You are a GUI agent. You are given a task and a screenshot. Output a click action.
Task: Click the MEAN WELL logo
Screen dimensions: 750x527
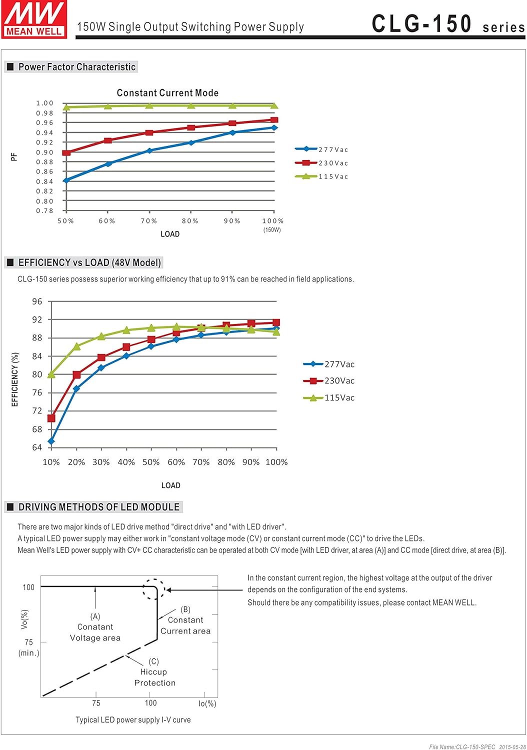(x=34, y=19)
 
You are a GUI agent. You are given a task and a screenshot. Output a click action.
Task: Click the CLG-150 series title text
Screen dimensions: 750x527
(x=447, y=24)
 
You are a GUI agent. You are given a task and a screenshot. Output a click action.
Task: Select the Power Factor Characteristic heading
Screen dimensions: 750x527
(x=76, y=67)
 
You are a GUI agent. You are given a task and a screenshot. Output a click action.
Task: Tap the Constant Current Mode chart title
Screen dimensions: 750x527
(x=167, y=93)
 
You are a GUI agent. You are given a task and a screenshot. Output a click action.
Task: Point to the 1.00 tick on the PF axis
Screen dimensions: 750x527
(x=44, y=103)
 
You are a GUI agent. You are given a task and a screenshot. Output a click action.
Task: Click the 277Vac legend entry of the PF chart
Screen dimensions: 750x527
(x=322, y=149)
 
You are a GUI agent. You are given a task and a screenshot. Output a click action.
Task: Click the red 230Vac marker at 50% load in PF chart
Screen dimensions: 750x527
(x=66, y=152)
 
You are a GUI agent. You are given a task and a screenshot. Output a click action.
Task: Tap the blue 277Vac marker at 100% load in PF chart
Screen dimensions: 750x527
(x=274, y=127)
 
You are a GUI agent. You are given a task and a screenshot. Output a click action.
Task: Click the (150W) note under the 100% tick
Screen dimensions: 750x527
(x=272, y=230)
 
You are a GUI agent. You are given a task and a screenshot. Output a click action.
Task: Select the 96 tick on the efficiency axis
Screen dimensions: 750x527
(x=37, y=301)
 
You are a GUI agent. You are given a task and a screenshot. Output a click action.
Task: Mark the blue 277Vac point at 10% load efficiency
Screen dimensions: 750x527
(x=51, y=441)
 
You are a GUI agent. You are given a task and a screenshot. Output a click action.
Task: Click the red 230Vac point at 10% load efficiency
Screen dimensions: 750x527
(x=51, y=418)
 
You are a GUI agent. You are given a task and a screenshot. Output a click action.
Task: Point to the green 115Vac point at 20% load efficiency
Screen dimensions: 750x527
(x=76, y=346)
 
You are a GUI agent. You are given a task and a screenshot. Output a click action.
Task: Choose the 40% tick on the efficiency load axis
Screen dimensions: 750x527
(x=126, y=462)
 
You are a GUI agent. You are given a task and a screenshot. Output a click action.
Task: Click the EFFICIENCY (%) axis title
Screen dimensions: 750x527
(x=15, y=379)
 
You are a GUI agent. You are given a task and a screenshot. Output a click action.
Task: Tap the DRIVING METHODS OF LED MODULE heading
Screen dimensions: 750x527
(x=98, y=507)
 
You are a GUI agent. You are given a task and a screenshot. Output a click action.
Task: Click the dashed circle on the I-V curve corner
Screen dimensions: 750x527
(x=153, y=589)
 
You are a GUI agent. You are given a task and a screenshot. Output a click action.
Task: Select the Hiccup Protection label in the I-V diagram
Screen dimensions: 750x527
(x=154, y=677)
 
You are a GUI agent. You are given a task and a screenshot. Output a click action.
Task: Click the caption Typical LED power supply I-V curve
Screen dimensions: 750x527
(x=133, y=719)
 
